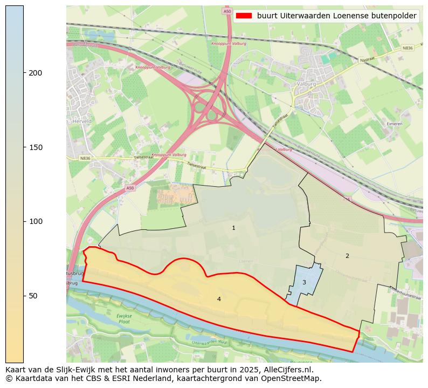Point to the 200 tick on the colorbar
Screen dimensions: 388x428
click(24, 73)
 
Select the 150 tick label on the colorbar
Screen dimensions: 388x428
click(36, 147)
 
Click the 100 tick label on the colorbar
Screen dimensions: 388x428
click(36, 221)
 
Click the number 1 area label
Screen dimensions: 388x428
click(233, 228)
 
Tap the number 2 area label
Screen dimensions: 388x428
click(347, 256)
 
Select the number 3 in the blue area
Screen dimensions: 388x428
click(304, 282)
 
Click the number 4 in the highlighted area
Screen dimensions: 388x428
click(219, 299)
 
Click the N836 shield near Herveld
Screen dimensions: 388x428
click(85, 158)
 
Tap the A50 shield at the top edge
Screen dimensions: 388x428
click(226, 11)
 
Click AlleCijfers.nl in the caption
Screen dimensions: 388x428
click(286, 370)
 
